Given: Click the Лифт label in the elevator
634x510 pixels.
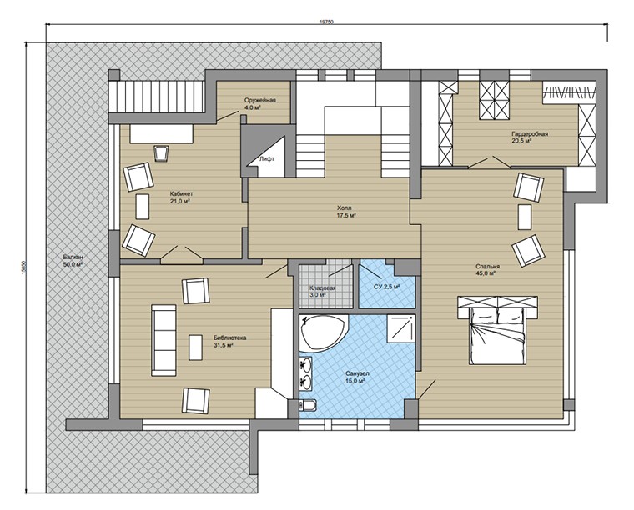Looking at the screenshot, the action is point(267,158).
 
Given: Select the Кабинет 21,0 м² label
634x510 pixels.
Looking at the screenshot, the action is point(179,197).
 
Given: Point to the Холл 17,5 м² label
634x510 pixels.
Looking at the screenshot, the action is point(346,212).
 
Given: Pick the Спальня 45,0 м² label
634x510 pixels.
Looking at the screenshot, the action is point(487,270).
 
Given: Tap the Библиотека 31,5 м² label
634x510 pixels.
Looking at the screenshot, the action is point(229,341).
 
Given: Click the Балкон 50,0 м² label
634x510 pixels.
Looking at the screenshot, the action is point(73,261).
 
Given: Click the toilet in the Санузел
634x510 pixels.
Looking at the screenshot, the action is point(308,405).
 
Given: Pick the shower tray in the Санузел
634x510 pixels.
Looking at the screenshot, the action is point(400,328).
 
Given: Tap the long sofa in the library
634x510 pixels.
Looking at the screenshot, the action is point(164,340).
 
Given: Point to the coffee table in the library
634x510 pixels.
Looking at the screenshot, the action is point(196,347).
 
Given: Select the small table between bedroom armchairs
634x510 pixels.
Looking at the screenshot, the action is point(525,217).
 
